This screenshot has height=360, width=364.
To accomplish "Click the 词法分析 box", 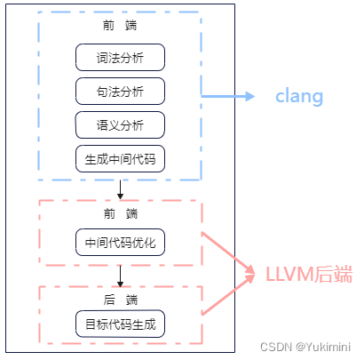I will [120, 58].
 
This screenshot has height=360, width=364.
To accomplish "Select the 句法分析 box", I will [120, 92].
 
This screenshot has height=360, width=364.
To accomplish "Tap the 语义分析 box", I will [120, 125].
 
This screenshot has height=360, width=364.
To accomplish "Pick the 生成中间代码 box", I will [120, 159].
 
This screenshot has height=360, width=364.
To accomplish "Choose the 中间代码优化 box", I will [120, 242].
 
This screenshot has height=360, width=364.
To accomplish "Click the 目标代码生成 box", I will [120, 324].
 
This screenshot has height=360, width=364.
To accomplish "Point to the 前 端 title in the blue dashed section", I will [120, 26].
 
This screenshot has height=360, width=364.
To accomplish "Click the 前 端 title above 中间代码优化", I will [120, 213].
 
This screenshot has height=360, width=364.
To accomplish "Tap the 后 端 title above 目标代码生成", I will [120, 300].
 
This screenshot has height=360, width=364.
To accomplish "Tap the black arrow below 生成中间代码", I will [120, 188].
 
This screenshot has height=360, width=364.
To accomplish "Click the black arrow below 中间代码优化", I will [120, 273].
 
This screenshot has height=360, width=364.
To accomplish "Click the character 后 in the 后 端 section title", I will [107, 300].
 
